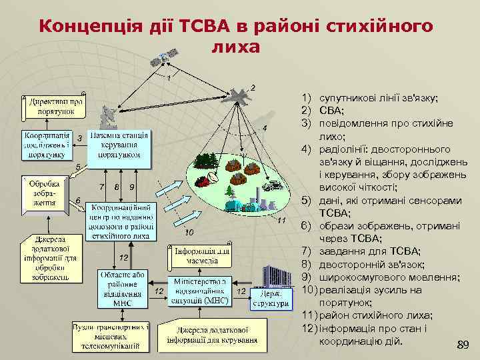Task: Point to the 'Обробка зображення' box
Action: (44, 193)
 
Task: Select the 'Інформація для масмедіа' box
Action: (203, 256)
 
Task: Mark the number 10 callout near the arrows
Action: (189, 233)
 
